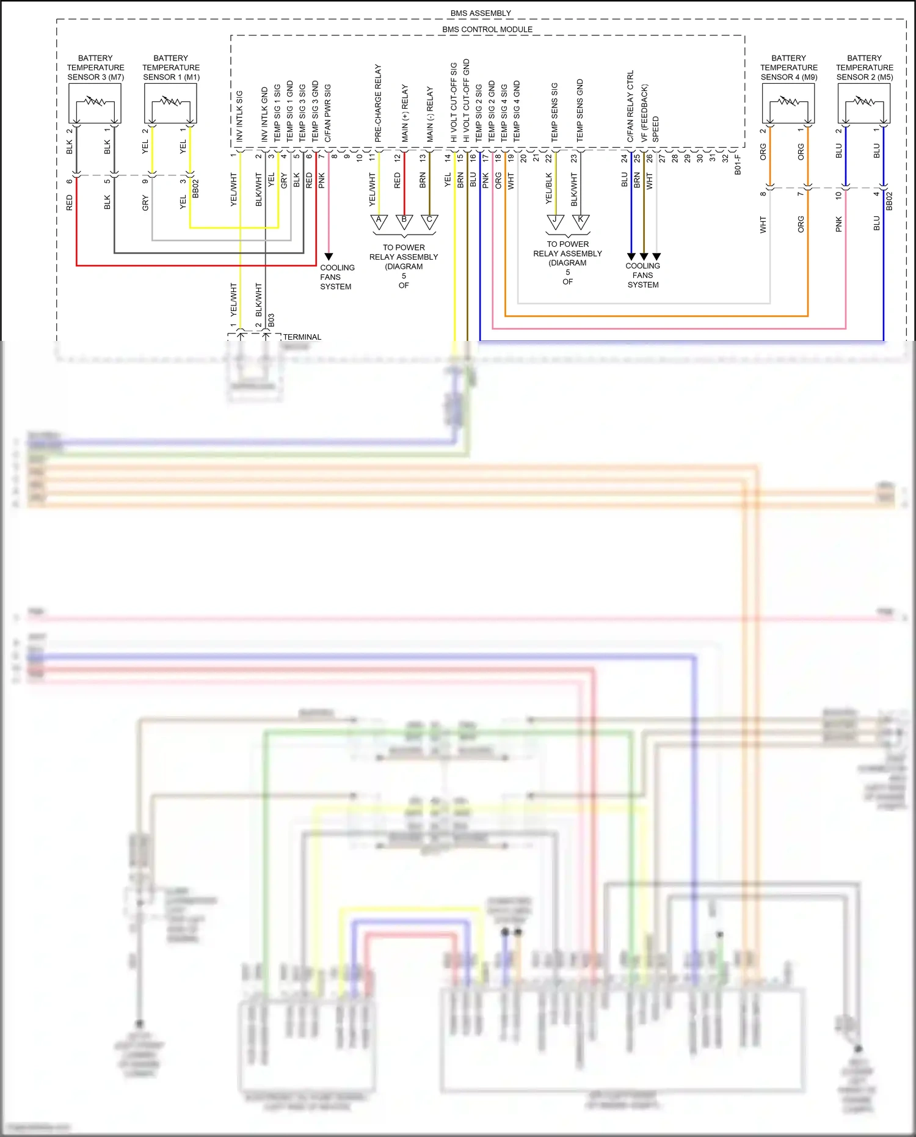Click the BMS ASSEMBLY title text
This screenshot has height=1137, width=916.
[x=481, y=13]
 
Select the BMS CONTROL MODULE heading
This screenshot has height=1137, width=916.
[x=487, y=29]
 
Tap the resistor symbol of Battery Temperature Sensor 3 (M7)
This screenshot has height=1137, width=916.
[x=95, y=103]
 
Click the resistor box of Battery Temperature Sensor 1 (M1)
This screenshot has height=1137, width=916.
[x=170, y=103]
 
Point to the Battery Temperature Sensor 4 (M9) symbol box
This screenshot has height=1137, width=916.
[x=788, y=103]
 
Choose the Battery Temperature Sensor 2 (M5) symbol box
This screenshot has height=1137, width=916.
[x=864, y=103]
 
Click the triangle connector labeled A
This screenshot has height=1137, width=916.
[x=379, y=221]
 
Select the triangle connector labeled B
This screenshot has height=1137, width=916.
[x=404, y=221]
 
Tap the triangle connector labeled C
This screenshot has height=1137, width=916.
[x=429, y=221]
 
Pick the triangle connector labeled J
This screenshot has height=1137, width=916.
[x=555, y=221]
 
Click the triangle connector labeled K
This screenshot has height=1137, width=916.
[x=581, y=221]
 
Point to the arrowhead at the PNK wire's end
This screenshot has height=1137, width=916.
[x=329, y=257]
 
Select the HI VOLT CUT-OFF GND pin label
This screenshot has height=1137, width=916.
[x=467, y=100]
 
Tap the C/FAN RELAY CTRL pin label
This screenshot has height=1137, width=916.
[x=631, y=106]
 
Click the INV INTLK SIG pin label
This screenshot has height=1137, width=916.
[x=239, y=116]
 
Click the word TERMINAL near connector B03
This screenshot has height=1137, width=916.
[x=302, y=337]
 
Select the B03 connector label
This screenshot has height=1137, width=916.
[x=271, y=320]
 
